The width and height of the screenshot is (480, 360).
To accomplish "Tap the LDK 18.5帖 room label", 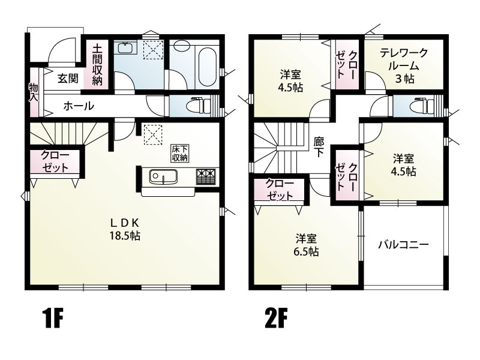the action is tap(125, 229).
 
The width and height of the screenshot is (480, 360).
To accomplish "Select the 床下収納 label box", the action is tap(180, 154).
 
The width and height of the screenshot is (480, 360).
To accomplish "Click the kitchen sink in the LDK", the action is tap(163, 177).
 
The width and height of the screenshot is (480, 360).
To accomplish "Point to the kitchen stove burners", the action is tap(206, 176).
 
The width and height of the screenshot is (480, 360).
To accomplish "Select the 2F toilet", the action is tap(422, 106).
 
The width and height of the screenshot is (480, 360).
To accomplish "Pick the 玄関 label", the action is tap(68, 79).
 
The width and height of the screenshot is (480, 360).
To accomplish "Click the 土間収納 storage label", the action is tap(97, 65).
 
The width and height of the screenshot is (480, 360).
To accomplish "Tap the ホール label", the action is tap(79, 106).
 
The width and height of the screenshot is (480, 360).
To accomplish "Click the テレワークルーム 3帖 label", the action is tap(404, 66).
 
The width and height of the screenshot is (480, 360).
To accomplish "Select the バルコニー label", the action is tap(403, 245).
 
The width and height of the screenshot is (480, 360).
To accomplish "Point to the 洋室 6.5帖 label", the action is tap(306, 245).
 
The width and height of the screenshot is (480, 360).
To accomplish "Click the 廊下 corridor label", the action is tap(319, 146).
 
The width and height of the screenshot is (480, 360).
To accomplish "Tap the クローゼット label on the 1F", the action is tap(55, 161).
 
